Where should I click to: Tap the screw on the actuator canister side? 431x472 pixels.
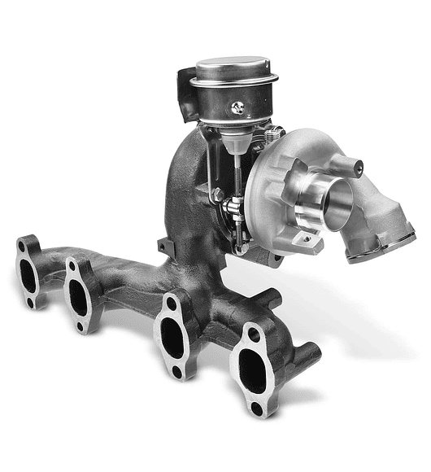pyautogui.click(x=237, y=106)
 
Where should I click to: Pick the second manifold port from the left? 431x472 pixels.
pyautogui.click(x=80, y=296)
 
